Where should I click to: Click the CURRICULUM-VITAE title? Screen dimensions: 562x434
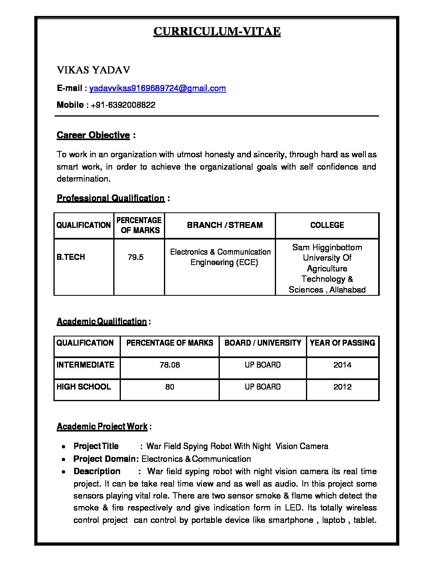click(217, 31)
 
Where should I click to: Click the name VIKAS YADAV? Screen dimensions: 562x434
click(93, 70)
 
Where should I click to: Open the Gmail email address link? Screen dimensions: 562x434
click(158, 88)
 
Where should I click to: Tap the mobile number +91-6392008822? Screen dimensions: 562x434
click(123, 105)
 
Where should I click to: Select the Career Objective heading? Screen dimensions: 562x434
click(93, 135)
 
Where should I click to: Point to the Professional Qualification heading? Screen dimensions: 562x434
click(110, 198)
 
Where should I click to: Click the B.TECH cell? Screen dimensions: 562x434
click(71, 257)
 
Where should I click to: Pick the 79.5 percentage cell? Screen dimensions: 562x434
click(136, 257)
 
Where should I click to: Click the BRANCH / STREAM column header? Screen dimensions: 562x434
click(225, 225)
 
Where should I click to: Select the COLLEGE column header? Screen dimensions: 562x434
click(327, 225)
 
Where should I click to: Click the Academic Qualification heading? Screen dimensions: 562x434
click(102, 321)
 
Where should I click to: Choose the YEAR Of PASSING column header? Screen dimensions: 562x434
click(342, 343)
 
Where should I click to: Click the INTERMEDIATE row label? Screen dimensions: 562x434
click(85, 365)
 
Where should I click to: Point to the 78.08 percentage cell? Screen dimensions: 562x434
click(170, 365)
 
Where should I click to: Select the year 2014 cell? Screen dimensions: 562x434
click(342, 365)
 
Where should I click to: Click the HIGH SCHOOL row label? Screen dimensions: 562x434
click(84, 387)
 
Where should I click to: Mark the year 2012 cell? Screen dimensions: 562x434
click(342, 387)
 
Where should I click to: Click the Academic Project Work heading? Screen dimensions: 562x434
click(102, 426)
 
